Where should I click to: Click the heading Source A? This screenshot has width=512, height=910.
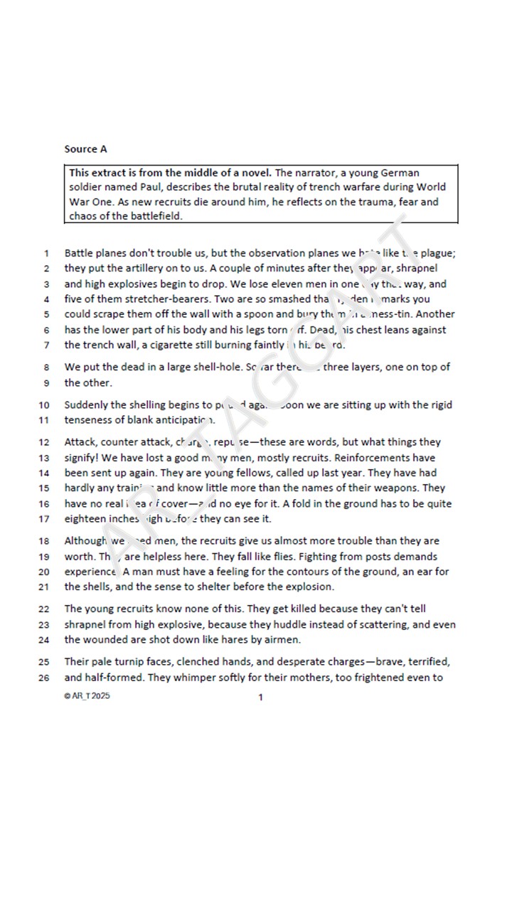point(85,149)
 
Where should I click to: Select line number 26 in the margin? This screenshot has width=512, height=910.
point(45,678)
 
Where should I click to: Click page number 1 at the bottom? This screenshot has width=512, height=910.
point(260,697)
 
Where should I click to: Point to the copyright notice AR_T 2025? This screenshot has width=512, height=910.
point(87,696)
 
